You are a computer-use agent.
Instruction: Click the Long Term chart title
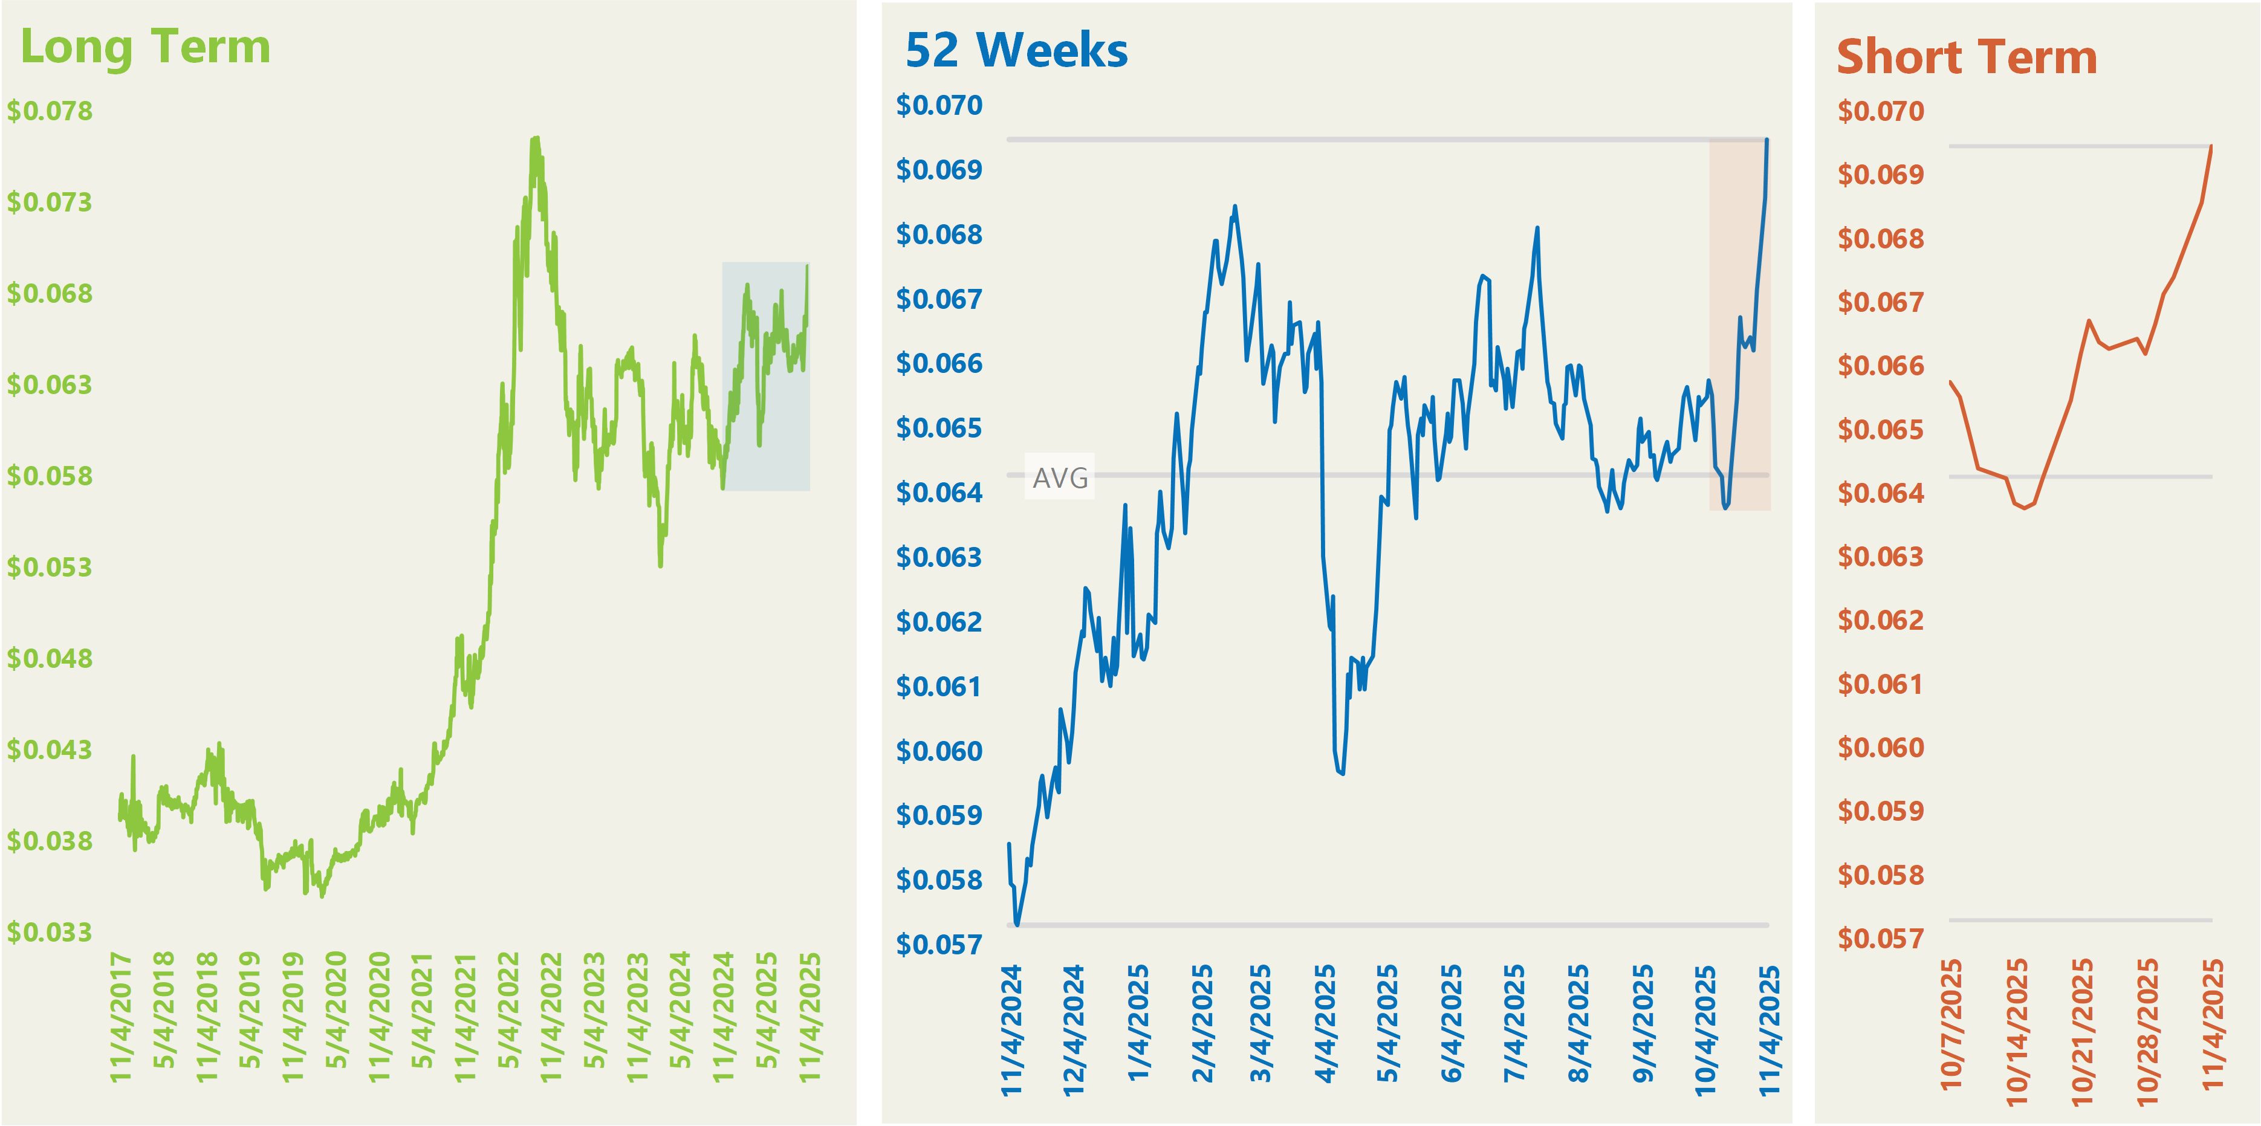145,47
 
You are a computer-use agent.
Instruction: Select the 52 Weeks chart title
1016,50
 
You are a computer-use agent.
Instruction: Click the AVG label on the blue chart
1059,477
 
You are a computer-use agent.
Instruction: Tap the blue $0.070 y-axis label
938,105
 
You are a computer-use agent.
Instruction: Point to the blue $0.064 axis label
938,493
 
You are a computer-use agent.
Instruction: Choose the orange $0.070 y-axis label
1880,111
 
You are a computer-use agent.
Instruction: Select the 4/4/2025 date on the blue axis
1325,1023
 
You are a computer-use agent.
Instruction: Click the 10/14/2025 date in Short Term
2017,1031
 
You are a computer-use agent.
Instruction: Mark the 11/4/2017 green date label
120,1016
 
